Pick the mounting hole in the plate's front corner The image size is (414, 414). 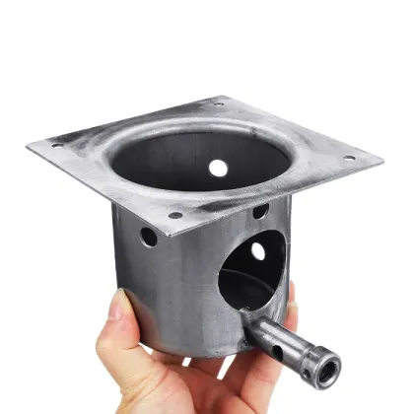pos(174,215)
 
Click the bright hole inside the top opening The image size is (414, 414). pos(217,168)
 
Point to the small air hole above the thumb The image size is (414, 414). pos(148,237)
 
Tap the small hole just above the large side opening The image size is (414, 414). pos(258,211)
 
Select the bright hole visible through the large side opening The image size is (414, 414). pos(258,251)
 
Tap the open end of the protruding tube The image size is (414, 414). pos(324,372)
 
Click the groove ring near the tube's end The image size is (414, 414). pos(309,355)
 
